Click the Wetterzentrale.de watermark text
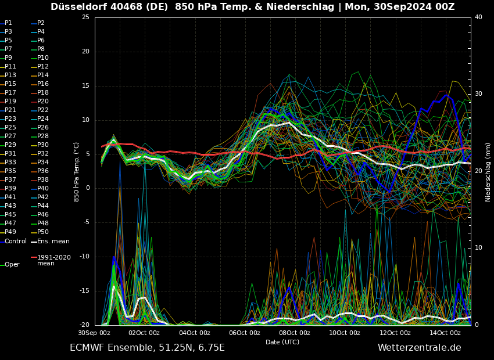[x=419, y=348]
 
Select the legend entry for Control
[x=16, y=242]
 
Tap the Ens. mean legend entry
[x=53, y=242]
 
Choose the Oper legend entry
[x=12, y=265]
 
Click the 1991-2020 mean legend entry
[x=53, y=260]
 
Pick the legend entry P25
[x=10, y=128]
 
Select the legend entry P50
[x=43, y=232]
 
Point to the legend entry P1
[x=8, y=23]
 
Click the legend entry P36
[x=43, y=171]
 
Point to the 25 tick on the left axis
[x=85, y=17]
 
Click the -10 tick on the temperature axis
[x=84, y=257]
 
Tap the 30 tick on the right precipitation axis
[x=478, y=94]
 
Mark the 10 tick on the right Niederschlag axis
[x=478, y=248]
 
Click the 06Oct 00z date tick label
[x=245, y=333]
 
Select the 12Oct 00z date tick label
[x=395, y=333]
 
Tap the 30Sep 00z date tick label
[x=94, y=333]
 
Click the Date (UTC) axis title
[x=282, y=342]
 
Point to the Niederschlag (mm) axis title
[x=488, y=172]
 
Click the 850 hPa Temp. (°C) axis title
[x=77, y=172]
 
